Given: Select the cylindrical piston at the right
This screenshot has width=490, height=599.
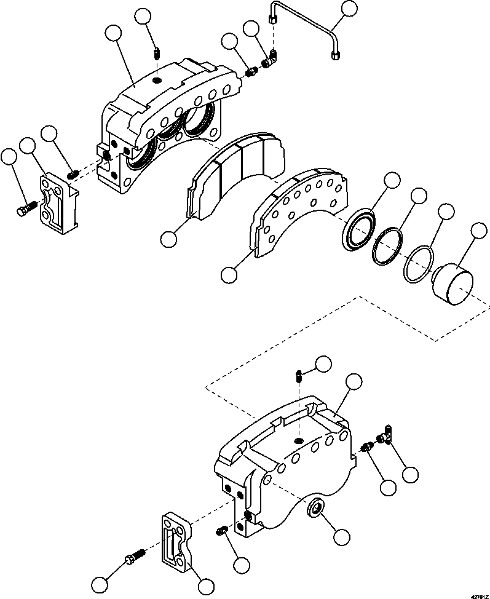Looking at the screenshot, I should pyautogui.click(x=452, y=287).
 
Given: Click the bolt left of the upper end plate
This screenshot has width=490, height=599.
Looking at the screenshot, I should pyautogui.click(x=23, y=211).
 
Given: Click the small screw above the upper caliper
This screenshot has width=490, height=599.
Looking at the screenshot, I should pyautogui.click(x=157, y=54).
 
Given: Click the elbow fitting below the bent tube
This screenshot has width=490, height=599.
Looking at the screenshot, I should pyautogui.click(x=270, y=60).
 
